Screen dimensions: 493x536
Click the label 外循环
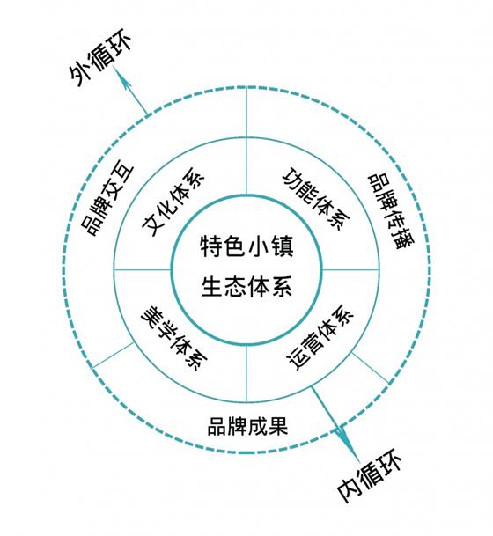100,59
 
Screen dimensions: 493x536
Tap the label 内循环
369,476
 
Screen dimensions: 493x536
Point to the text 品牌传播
391,212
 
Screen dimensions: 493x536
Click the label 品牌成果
247,426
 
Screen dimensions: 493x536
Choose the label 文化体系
173,202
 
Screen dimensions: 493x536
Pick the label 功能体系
316,199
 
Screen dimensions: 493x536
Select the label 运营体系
320,337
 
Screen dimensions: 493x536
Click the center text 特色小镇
246,246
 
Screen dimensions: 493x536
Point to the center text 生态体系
246,286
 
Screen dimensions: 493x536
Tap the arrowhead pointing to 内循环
342,437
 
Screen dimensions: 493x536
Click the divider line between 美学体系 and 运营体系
246,373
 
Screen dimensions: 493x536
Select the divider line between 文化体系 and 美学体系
142,269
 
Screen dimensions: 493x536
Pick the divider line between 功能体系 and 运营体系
350,269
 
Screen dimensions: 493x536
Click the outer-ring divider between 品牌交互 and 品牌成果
113,356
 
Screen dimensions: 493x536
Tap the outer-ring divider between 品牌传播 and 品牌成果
371,368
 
